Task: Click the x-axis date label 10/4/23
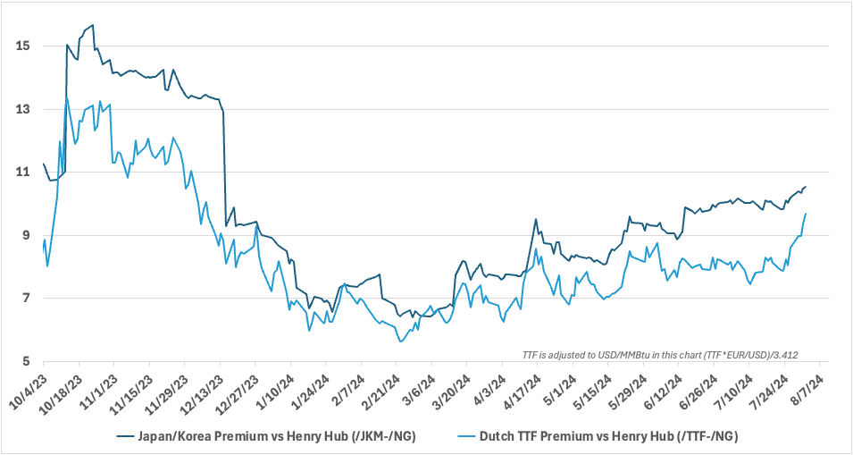click(29, 386)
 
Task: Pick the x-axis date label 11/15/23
click(132, 389)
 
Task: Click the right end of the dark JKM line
click(806, 187)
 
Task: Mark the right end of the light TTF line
click(806, 214)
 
